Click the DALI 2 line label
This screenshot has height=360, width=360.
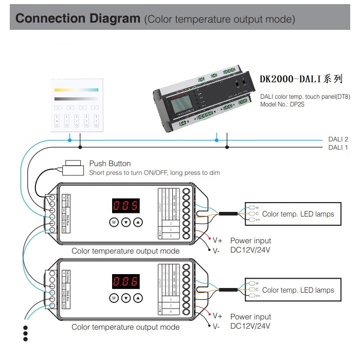[338, 139]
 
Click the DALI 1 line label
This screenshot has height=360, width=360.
[338, 148]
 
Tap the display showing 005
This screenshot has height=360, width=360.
[125, 206]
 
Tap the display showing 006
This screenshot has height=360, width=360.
[125, 281]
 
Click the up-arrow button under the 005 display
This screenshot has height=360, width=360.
[138, 222]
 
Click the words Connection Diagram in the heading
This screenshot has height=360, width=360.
[78, 19]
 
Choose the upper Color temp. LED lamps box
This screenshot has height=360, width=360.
[293, 214]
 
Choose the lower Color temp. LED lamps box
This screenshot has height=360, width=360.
[293, 290]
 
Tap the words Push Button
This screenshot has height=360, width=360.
[110, 164]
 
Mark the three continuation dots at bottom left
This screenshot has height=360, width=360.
[24, 333]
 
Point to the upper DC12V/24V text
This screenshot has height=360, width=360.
[250, 250]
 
